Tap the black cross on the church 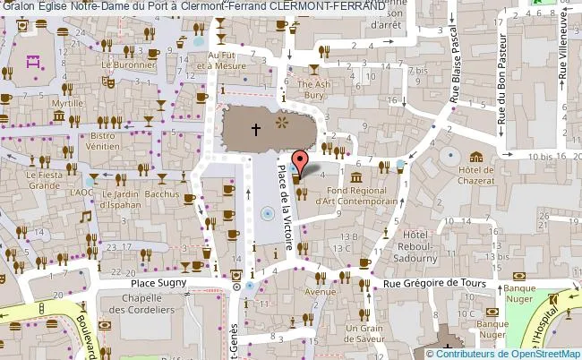(255, 130)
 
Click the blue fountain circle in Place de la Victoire (267, 213)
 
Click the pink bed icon (35, 62)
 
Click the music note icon (87, 216)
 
